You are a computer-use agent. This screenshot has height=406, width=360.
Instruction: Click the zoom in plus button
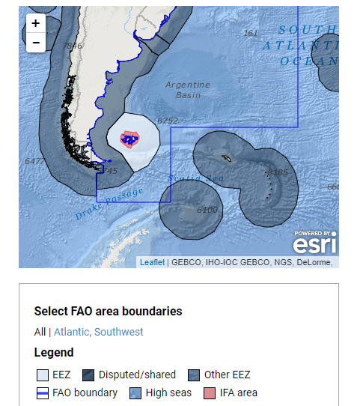pyautogui.click(x=36, y=24)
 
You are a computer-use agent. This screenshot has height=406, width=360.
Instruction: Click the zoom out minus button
pyautogui.click(x=36, y=43)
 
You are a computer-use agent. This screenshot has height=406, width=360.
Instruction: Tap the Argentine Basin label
pyautogui.click(x=188, y=90)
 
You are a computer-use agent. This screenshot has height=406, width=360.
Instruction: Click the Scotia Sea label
pyautogui.click(x=196, y=178)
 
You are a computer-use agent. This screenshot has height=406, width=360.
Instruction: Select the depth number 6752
pyautogui.click(x=168, y=120)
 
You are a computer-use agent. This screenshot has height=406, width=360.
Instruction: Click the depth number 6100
pyautogui.click(x=207, y=210)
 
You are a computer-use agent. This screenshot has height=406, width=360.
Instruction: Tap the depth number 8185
pyautogui.click(x=277, y=173)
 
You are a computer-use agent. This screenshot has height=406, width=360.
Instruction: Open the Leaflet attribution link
pyautogui.click(x=152, y=262)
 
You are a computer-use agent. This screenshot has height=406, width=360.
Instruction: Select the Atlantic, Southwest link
pyautogui.click(x=99, y=332)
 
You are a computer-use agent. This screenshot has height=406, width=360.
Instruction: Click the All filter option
pyautogui.click(x=40, y=332)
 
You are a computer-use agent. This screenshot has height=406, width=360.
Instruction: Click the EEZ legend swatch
pyautogui.click(x=42, y=375)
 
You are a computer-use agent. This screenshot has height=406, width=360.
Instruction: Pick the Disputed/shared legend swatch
pyautogui.click(x=88, y=375)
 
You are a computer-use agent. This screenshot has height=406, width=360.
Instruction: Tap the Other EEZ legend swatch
pyautogui.click(x=193, y=375)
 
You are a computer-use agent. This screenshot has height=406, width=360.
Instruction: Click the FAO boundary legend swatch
pyautogui.click(x=42, y=393)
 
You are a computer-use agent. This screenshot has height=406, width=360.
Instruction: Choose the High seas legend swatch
pyautogui.click(x=135, y=393)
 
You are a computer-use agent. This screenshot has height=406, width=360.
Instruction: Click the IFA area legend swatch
pyautogui.click(x=209, y=393)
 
